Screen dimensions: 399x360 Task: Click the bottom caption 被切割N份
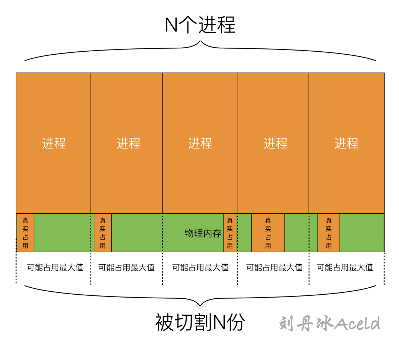pyautogui.click(x=200, y=323)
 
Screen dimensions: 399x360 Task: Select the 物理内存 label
pyautogui.click(x=203, y=233)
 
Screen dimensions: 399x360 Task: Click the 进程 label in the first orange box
pyautogui.click(x=54, y=143)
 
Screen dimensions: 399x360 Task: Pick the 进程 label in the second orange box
pyautogui.click(x=129, y=143)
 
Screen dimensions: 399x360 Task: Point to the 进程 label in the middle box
pyautogui.click(x=200, y=143)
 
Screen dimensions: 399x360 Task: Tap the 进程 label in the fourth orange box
pyautogui.click(x=276, y=143)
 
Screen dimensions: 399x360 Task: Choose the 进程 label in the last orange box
pyautogui.click(x=347, y=143)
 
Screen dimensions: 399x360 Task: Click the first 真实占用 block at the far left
pyautogui.click(x=25, y=233)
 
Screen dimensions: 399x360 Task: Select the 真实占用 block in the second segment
pyautogui.click(x=103, y=233)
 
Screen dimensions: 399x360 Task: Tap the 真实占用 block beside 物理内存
pyautogui.click(x=230, y=233)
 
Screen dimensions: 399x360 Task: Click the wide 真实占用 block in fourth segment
pyautogui.click(x=268, y=233)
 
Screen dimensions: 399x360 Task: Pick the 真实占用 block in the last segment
pyautogui.click(x=328, y=233)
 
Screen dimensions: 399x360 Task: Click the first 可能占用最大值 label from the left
pyautogui.click(x=55, y=267)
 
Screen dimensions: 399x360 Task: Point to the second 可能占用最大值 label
pyautogui.click(x=126, y=267)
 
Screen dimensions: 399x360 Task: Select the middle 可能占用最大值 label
pyautogui.click(x=200, y=267)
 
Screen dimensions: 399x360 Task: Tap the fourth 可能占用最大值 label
pyautogui.click(x=274, y=267)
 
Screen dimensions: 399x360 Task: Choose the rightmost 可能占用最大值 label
pyautogui.click(x=345, y=267)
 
